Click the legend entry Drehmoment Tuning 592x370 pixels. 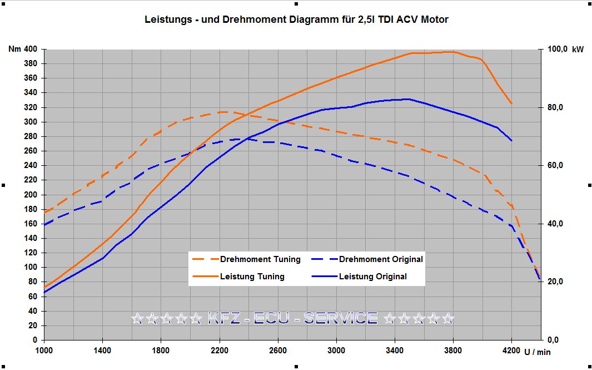tap(247, 259)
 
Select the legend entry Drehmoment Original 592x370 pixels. tap(367, 259)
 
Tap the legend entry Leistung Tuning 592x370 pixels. tap(238, 277)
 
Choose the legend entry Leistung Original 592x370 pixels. tap(359, 277)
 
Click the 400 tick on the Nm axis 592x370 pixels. tap(31, 49)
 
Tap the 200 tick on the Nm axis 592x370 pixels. tap(31, 195)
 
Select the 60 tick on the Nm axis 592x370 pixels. tap(33, 297)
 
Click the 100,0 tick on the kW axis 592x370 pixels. tap(558, 49)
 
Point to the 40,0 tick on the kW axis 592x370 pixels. tap(555, 224)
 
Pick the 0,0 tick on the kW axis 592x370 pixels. tap(553, 340)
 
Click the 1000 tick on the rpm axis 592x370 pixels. tap(44, 351)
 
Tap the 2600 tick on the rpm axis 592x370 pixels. tap(278, 351)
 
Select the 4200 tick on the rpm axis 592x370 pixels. tap(511, 351)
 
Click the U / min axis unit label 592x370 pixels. tap(538, 352)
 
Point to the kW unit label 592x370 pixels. tap(578, 50)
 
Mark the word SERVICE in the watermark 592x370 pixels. tap(341, 318)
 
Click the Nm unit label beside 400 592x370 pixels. tap(14, 49)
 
